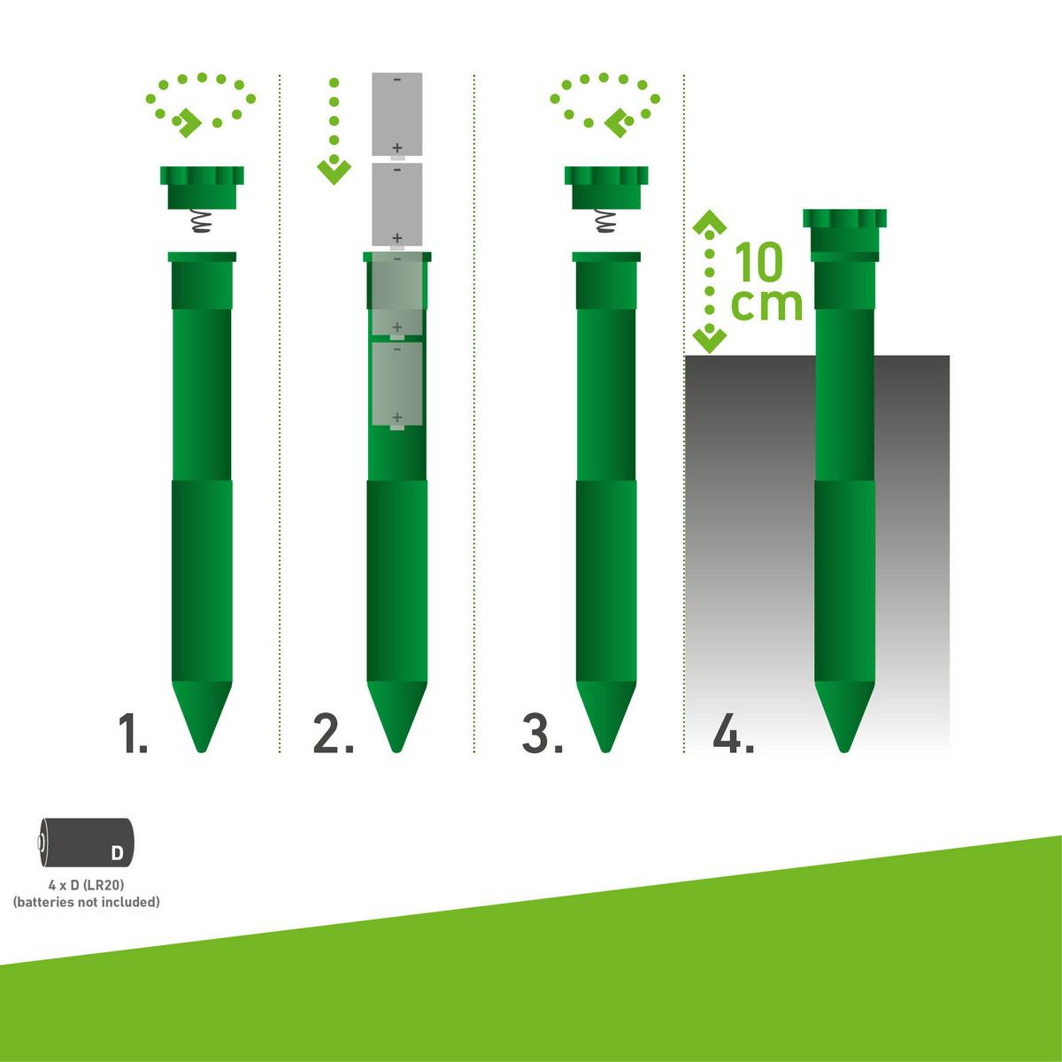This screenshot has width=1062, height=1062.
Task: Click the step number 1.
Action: pyautogui.click(x=134, y=735)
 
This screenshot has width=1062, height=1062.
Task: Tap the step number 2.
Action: pyautogui.click(x=333, y=735)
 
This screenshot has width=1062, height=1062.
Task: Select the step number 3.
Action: pyautogui.click(x=542, y=735)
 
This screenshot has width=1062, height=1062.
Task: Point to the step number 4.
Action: pyautogui.click(x=733, y=735)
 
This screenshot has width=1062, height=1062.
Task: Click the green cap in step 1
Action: pyautogui.click(x=202, y=187)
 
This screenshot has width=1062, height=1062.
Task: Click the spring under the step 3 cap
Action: pyautogui.click(x=606, y=221)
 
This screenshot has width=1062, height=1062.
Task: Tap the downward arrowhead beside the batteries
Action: pyautogui.click(x=334, y=171)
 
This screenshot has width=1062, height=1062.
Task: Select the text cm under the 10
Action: pyautogui.click(x=766, y=304)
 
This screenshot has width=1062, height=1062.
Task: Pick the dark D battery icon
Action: pyautogui.click(x=88, y=842)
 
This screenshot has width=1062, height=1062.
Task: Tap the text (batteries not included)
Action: pyautogui.click(x=86, y=903)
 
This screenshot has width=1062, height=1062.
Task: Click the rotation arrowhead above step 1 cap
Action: pyautogui.click(x=187, y=125)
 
